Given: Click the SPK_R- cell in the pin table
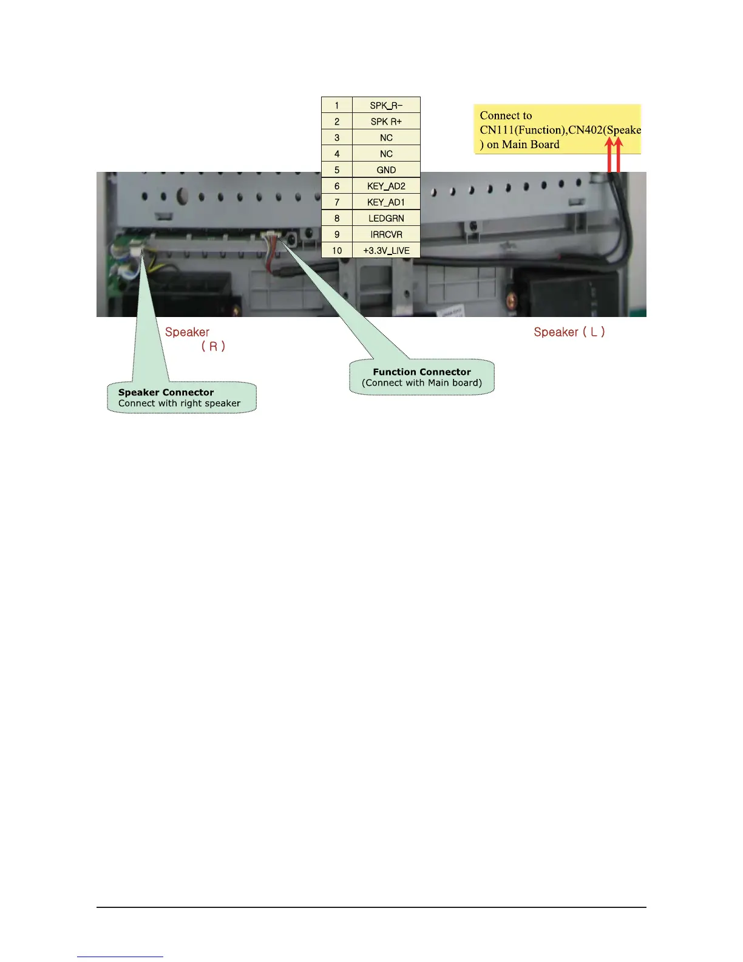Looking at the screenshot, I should tap(386, 105).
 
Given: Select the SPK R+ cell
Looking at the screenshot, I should tap(386, 121).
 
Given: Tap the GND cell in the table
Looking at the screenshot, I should tap(386, 170).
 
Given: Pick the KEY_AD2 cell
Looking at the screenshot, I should tap(386, 186).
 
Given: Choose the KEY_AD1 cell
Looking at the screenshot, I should tap(386, 202).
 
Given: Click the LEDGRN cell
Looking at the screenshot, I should tap(386, 218).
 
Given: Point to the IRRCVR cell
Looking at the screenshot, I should tap(386, 234).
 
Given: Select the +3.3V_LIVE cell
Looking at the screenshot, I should tap(386, 250).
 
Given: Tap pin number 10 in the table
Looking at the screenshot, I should tap(337, 250).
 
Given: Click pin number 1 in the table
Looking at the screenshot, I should tap(337, 105).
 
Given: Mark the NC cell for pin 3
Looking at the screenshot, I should tap(386, 138).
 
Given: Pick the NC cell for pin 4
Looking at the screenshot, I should tap(386, 154).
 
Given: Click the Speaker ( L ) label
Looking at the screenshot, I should tap(569, 332).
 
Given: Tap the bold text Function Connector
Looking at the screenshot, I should tap(422, 372).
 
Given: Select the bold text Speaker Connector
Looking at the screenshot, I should tap(166, 392).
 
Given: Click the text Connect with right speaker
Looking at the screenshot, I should tap(179, 403).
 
